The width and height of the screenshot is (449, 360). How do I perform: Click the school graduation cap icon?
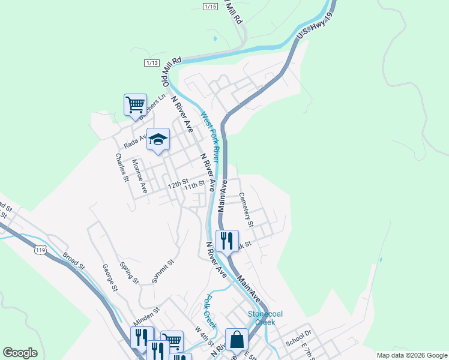point(158,140)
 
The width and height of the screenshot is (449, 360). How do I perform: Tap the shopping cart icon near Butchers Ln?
point(135,104)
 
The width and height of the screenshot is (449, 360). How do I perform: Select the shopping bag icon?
point(237,339)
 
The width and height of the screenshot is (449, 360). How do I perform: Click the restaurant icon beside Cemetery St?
point(227,241)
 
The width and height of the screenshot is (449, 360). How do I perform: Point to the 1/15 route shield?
point(210,6)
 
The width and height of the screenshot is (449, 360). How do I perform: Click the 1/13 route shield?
point(152,63)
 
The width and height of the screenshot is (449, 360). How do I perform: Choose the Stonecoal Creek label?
point(261,317)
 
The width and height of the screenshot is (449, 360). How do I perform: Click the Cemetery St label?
point(246,209)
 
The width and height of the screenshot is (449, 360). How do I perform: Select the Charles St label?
point(122,168)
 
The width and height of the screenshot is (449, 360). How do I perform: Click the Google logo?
point(20,353)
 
